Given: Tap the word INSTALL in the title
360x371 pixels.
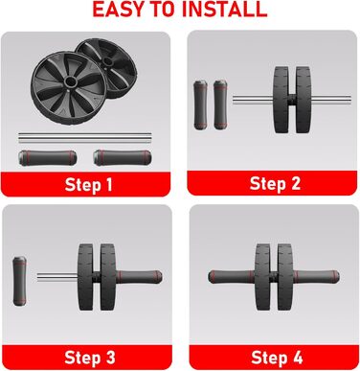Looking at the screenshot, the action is pyautogui.click(x=225, y=9).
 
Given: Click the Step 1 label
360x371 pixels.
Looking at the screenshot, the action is pyautogui.click(x=88, y=185).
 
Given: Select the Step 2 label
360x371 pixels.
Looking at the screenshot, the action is pyautogui.click(x=275, y=184).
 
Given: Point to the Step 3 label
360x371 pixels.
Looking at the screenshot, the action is pyautogui.click(x=90, y=358).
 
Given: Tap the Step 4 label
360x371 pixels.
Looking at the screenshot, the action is pyautogui.click(x=277, y=358).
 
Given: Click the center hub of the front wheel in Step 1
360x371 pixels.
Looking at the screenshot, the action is pyautogui.click(x=70, y=81).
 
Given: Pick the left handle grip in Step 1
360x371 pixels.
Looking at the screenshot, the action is pyautogui.click(x=47, y=158).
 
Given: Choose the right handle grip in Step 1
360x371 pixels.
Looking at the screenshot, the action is pyautogui.click(x=123, y=158).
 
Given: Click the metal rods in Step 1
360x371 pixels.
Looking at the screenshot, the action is pyautogui.click(x=85, y=138).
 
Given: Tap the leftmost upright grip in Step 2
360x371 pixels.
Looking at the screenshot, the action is pyautogui.click(x=200, y=105).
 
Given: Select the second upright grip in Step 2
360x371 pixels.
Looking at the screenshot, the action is pyautogui.click(x=220, y=104).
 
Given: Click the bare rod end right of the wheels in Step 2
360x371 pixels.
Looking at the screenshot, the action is pyautogui.click(x=330, y=100).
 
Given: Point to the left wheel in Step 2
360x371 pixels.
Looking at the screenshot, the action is pyautogui.click(x=281, y=100).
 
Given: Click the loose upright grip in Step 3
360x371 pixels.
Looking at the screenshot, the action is pyautogui.click(x=19, y=281).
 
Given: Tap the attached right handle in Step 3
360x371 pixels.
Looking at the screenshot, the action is pyautogui.click(x=139, y=277).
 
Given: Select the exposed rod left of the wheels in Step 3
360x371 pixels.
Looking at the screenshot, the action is pyautogui.click(x=57, y=277).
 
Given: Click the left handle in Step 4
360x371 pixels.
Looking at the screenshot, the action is pyautogui.click(x=232, y=277).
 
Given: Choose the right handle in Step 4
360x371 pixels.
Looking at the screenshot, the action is pyautogui.click(x=316, y=277).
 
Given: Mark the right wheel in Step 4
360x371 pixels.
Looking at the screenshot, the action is pyautogui.click(x=285, y=277).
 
